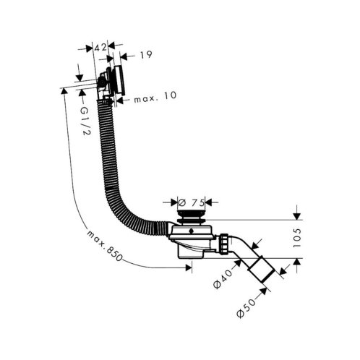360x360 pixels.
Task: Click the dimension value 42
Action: click(x=100, y=48)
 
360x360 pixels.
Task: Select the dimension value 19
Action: click(x=146, y=55)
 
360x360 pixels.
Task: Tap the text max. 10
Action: click(x=155, y=97)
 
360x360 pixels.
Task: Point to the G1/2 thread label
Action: click(x=85, y=121)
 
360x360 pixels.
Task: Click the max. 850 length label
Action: click(x=104, y=246)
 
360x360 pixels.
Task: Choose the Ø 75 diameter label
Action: click(x=191, y=202)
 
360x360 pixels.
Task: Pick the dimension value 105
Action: click(x=297, y=238)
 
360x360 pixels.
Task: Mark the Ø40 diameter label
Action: click(x=223, y=278)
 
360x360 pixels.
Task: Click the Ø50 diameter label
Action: click(x=246, y=308)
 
